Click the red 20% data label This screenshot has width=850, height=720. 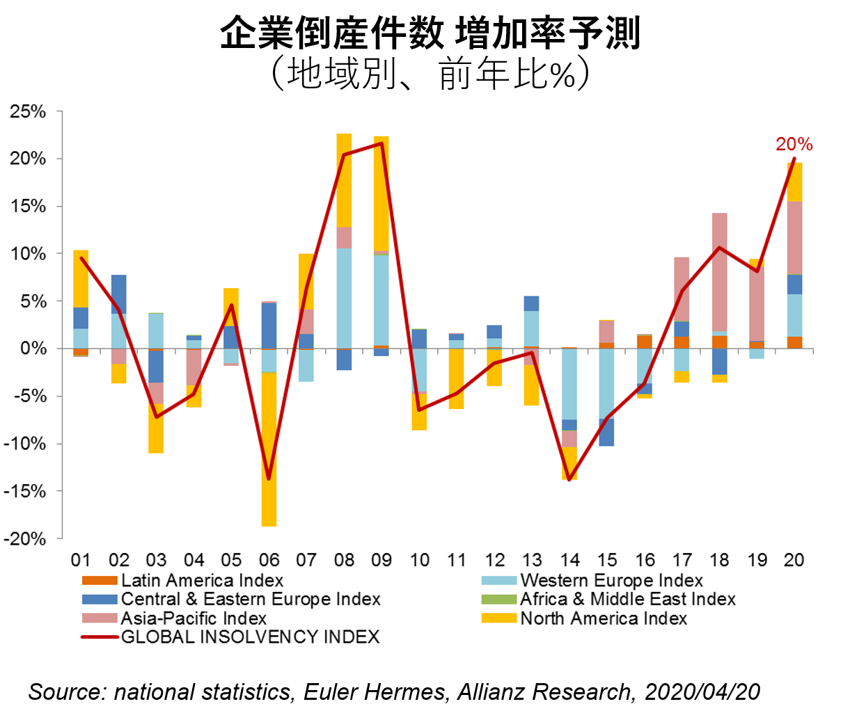click(x=794, y=144)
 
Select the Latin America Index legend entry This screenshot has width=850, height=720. click(x=202, y=580)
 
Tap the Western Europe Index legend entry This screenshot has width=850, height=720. click(x=611, y=580)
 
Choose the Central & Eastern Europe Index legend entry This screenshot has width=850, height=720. click(x=251, y=599)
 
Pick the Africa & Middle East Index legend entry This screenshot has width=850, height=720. click(x=627, y=599)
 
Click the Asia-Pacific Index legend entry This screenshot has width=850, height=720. click(x=194, y=618)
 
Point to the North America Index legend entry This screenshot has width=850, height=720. click(x=604, y=618)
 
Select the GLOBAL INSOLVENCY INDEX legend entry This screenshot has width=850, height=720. click(x=250, y=637)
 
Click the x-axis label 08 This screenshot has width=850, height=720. click(x=344, y=561)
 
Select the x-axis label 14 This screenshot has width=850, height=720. click(x=569, y=561)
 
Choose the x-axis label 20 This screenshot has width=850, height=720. click(x=794, y=561)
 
